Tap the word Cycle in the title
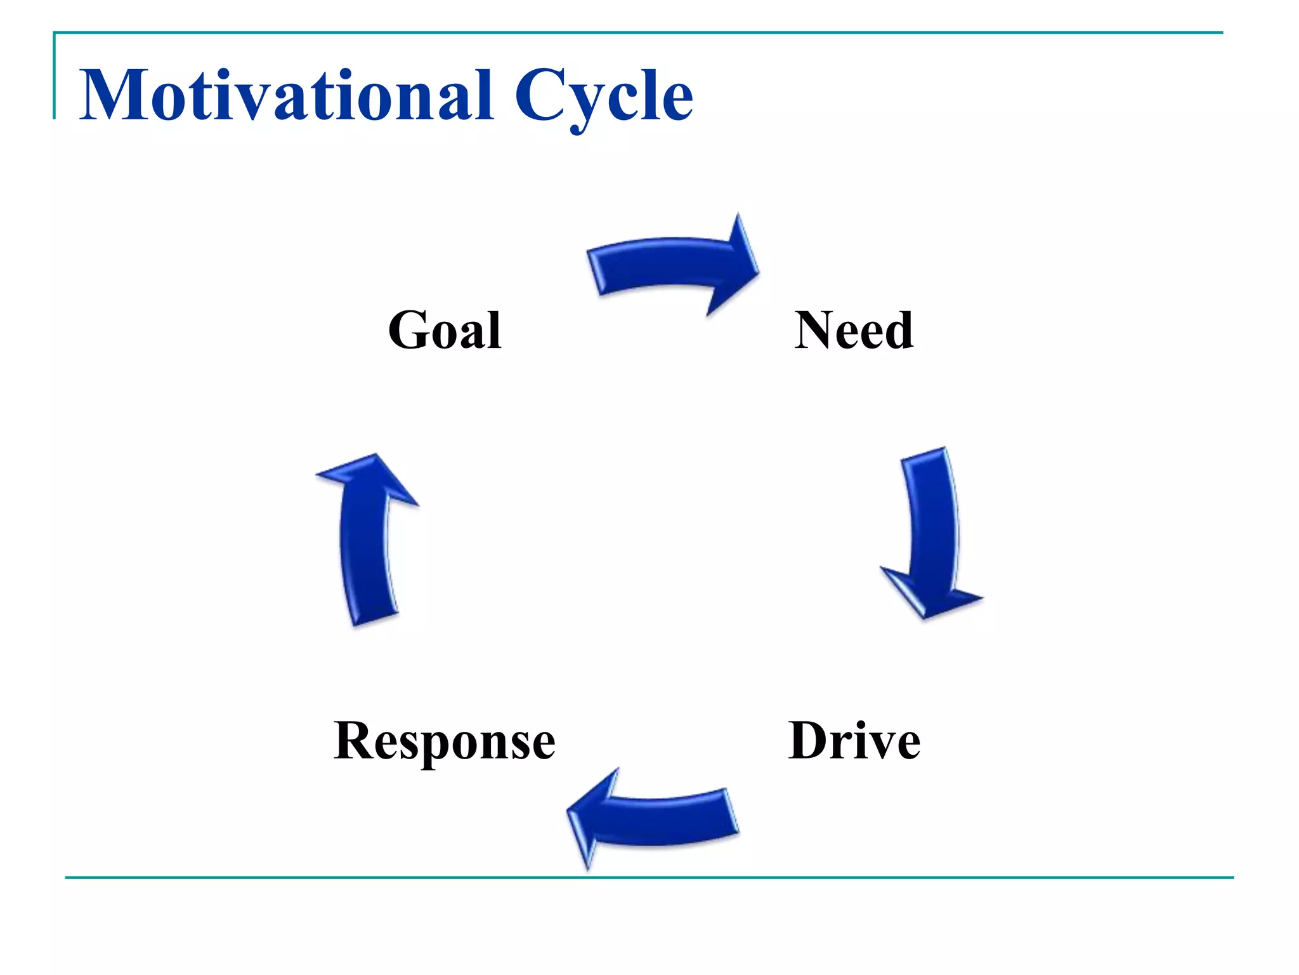pos(603,96)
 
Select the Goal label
pos(445,331)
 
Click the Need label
pos(854,331)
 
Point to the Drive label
pos(854,741)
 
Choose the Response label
pos(445,741)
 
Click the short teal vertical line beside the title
pos(55,76)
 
